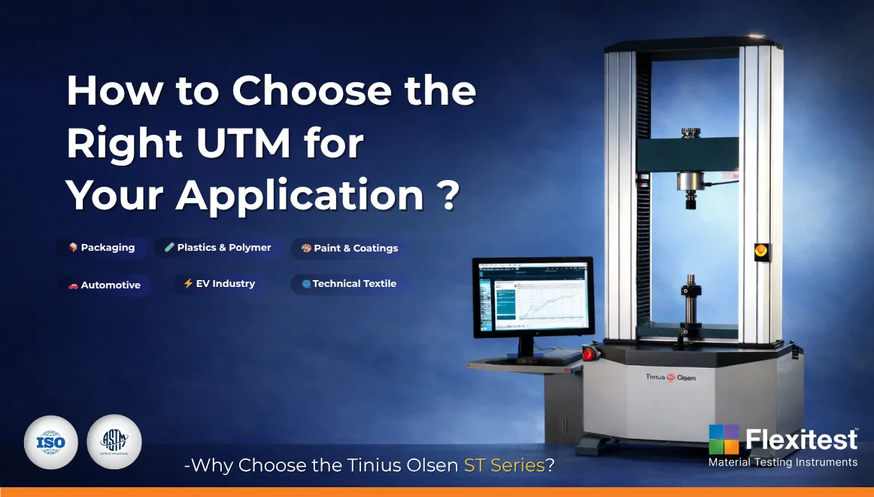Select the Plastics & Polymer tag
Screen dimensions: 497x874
click(217, 248)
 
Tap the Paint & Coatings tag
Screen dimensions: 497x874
click(350, 248)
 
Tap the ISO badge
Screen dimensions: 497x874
click(50, 443)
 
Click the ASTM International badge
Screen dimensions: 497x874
click(114, 443)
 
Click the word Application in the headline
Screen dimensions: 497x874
click(301, 196)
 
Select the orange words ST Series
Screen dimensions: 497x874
click(504, 465)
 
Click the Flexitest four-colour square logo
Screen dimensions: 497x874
click(724, 439)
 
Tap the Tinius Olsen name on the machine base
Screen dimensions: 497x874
click(671, 377)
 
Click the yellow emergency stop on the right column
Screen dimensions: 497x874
click(761, 251)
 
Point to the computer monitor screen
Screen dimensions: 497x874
click(533, 297)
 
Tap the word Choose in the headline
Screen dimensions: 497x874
click(311, 91)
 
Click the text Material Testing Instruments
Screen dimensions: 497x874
click(782, 462)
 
